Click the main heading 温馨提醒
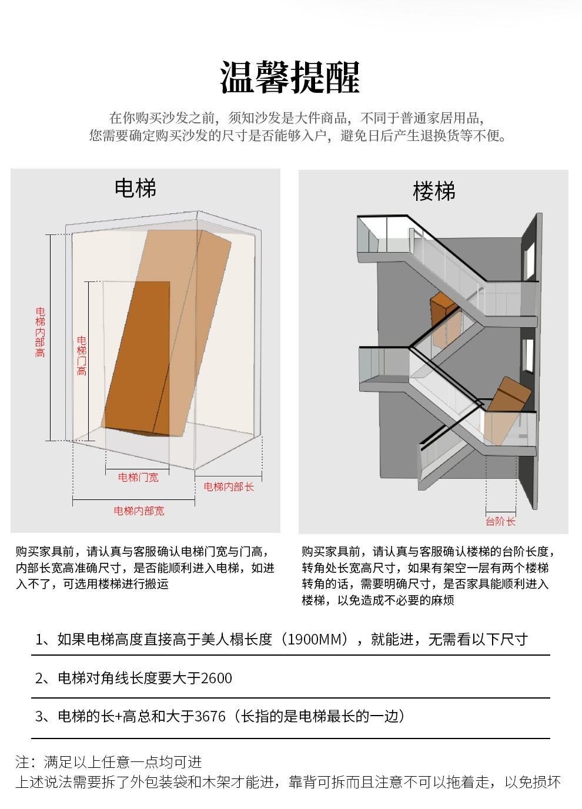click(290, 78)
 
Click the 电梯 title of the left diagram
click(135, 189)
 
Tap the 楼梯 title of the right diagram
click(434, 192)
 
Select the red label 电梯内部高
click(40, 332)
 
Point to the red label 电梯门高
click(82, 355)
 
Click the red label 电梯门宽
click(138, 478)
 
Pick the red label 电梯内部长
click(229, 486)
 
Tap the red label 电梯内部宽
click(139, 511)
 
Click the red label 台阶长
click(500, 521)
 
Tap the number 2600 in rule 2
click(216, 679)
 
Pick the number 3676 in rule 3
click(210, 717)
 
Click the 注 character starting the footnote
click(22, 763)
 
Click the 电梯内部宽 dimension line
click(133, 501)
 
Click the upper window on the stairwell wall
click(529, 260)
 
